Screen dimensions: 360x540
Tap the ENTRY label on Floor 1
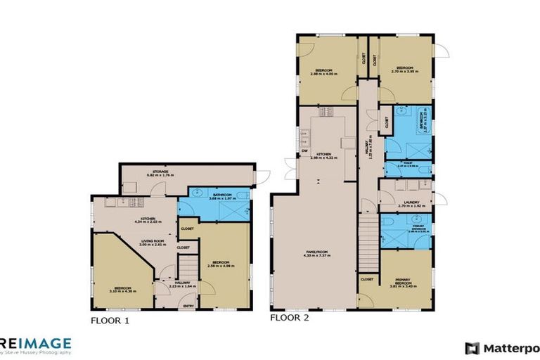[188, 305]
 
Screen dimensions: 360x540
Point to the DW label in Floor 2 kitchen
[304, 150]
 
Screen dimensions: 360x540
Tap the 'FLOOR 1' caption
[110, 321]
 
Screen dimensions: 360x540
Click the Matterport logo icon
[472, 347]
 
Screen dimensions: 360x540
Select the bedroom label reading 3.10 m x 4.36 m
[123, 288]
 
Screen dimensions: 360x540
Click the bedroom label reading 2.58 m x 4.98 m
[223, 264]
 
